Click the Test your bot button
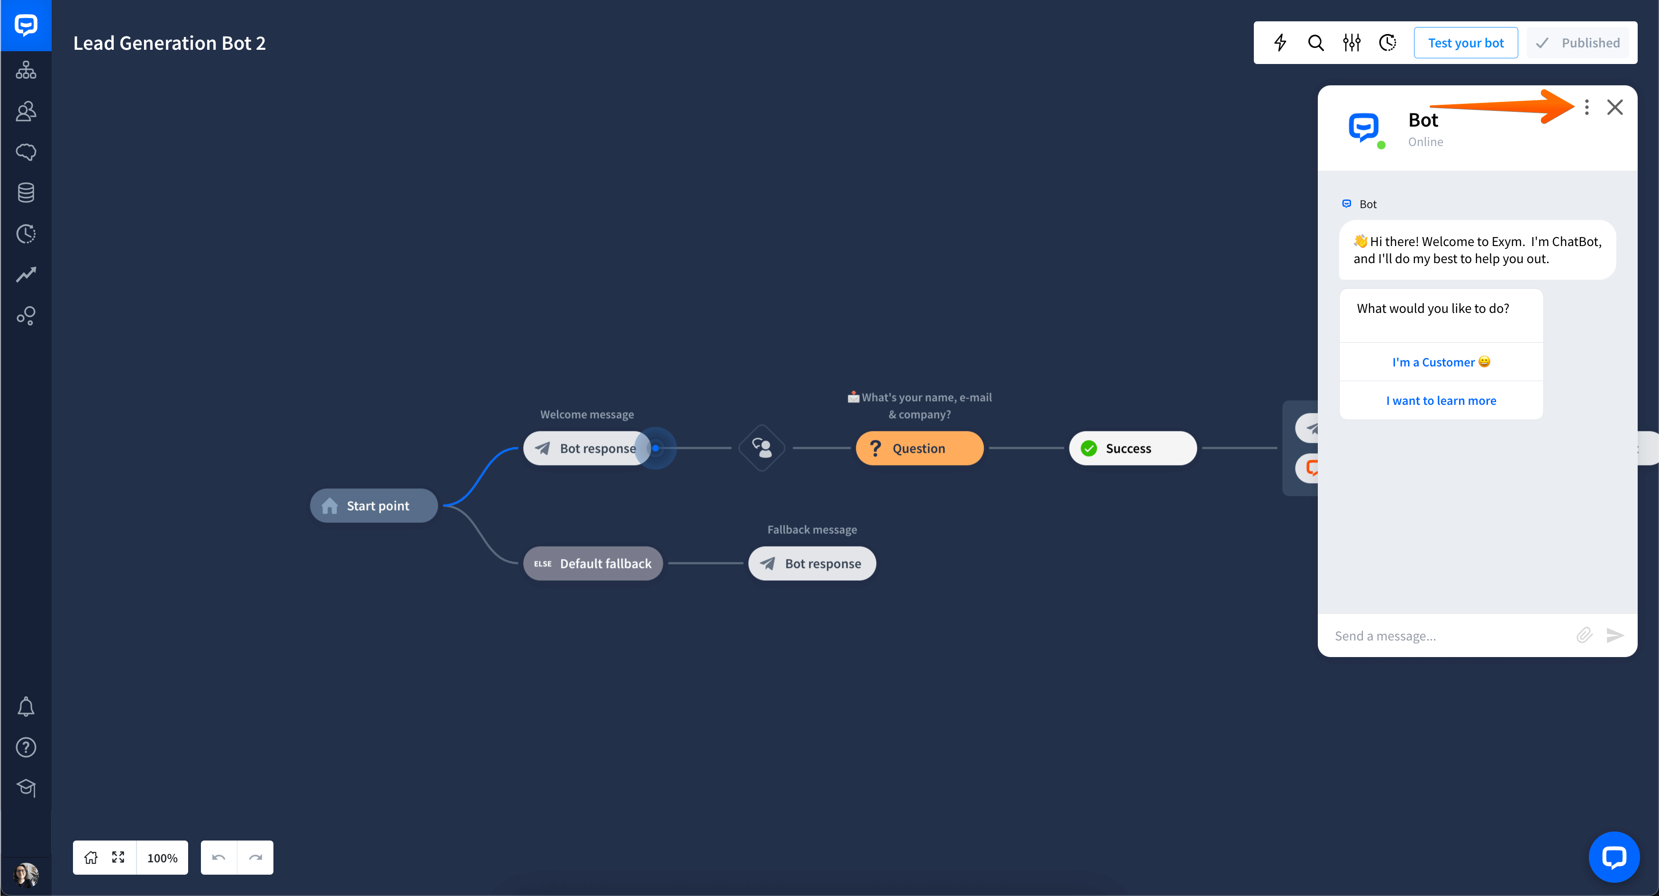pos(1465,43)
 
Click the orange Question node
pos(919,448)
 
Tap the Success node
pos(1133,448)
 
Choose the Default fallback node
pos(592,564)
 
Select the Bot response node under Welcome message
pos(586,448)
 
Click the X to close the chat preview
pos(1614,107)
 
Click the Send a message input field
pos(1449,636)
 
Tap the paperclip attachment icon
pos(1584,635)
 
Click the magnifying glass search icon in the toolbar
pos(1316,43)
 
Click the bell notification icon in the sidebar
pos(26,707)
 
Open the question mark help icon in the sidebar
pos(26,747)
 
